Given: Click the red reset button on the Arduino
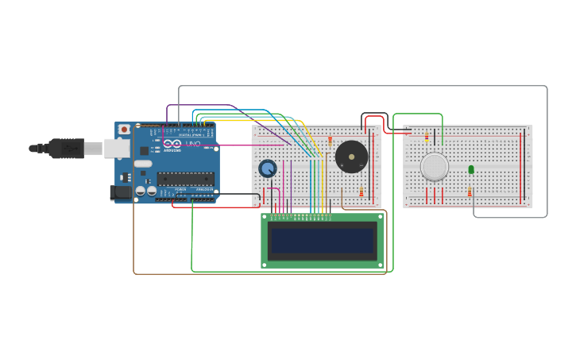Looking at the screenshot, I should pyautogui.click(x=124, y=129).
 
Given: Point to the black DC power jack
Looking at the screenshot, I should pyautogui.click(x=120, y=192).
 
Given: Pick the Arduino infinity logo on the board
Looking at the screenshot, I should pyautogui.click(x=172, y=144).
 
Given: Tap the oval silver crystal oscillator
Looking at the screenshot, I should pyautogui.click(x=143, y=163).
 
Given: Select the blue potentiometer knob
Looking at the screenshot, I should pyautogui.click(x=268, y=168).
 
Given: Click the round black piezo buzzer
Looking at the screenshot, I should pyautogui.click(x=351, y=157).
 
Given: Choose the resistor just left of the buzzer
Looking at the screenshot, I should pyautogui.click(x=330, y=141).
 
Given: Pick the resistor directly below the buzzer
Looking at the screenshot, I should pyautogui.click(x=361, y=192).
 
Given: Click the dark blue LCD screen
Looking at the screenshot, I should pyautogui.click(x=322, y=240).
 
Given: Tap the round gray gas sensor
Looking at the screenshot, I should pyautogui.click(x=435, y=167).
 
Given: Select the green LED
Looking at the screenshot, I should pyautogui.click(x=471, y=169).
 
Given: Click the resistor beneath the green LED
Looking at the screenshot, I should pyautogui.click(x=470, y=192).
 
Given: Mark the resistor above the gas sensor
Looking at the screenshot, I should pyautogui.click(x=427, y=137).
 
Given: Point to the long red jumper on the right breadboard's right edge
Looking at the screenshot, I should pyautogui.click(x=521, y=167).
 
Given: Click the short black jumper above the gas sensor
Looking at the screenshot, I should pyautogui.click(x=408, y=130).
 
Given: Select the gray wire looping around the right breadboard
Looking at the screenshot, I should pyautogui.click(x=547, y=151).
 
